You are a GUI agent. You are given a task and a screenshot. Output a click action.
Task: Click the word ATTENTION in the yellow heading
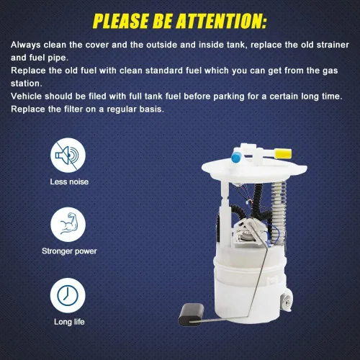coord(222,21)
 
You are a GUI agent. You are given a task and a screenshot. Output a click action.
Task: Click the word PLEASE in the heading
coord(120,21)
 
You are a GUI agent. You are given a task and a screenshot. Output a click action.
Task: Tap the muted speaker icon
coord(68,156)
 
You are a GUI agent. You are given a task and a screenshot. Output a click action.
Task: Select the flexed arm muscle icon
coord(68,225)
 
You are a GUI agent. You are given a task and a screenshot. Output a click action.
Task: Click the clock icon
coord(68,295)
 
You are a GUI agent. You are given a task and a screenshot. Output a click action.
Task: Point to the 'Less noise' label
coord(69,181)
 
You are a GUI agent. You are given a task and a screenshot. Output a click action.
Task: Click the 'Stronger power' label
coord(69,251)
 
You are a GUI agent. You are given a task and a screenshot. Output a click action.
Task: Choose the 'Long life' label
coord(69,322)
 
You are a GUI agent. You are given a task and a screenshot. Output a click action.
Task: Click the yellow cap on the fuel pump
coord(283,153)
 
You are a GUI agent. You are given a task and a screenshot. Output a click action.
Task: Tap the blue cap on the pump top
coord(236,158)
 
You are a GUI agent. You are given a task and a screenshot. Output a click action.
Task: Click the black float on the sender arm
coord(191,315)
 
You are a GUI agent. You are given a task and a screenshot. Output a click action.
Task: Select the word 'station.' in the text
coord(27,84)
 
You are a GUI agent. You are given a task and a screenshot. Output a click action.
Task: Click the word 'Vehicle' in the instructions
coord(26,96)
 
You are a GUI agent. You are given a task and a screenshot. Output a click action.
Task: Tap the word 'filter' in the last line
coord(73,109)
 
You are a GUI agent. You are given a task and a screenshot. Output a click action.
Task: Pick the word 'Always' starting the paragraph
coord(26,45)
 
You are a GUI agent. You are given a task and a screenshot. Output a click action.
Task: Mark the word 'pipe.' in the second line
coord(59,58)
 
